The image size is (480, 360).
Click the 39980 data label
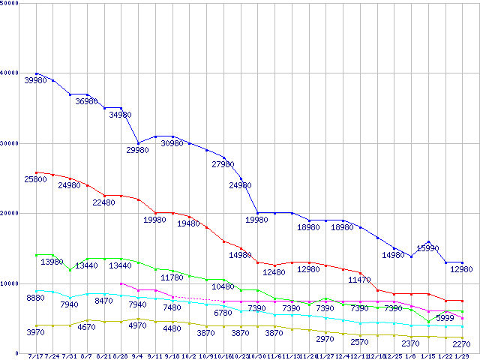coord(35,80)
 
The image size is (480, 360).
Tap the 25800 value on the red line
coord(35,179)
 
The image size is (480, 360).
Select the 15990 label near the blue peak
coord(427,247)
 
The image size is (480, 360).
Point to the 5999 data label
coord(445,318)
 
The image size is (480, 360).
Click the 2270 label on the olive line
coord(462,345)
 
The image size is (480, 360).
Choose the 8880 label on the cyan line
coord(35,298)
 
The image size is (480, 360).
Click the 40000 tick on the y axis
coord(12,73)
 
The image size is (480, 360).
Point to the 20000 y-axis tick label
coord(12,213)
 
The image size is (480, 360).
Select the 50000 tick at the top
coord(12,3)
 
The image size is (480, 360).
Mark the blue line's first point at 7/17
coord(36,73)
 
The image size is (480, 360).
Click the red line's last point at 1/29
coord(463,301)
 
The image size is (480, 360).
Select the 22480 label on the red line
coord(103,202)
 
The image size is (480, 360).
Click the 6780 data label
coord(223,313)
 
